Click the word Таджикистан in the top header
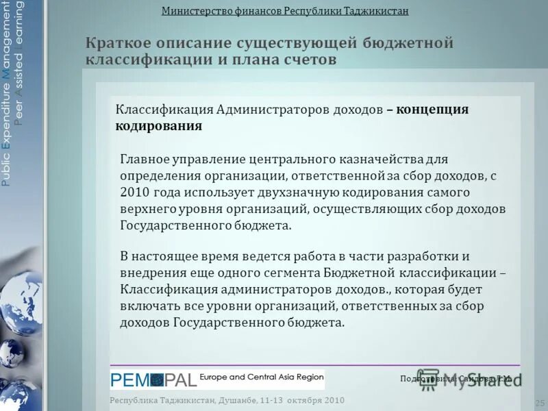[x=371, y=11]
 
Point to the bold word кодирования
[x=158, y=126]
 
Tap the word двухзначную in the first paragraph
[x=292, y=192]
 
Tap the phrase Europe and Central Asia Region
[x=261, y=377]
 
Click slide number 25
[x=539, y=402]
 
